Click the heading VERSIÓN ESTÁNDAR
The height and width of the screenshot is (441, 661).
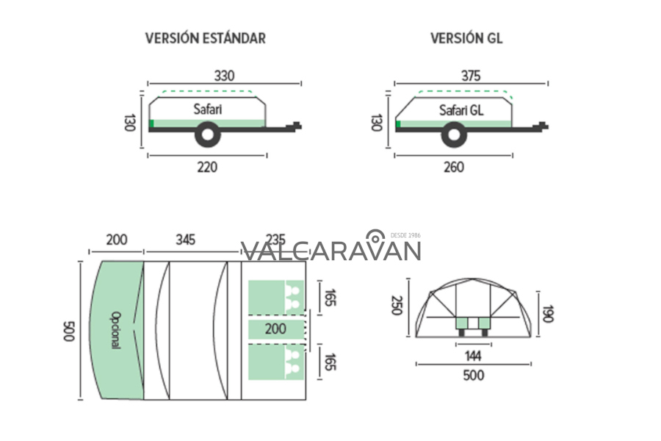pos(205,38)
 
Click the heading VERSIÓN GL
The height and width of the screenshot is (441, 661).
pos(466,38)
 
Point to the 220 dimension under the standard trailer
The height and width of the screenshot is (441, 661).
pos(207,167)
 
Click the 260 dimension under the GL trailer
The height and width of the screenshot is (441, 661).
pos(454,167)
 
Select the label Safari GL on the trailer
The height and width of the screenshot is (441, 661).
pos(460,110)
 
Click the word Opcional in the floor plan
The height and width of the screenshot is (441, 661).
pos(115,330)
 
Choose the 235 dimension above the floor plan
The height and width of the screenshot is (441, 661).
pos(275,240)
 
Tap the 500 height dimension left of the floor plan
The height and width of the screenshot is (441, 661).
pos(69,331)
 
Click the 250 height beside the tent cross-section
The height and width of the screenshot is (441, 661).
pos(397,305)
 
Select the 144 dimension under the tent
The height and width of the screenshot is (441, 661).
pos(472,356)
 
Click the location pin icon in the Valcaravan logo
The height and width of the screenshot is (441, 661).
pos(375,237)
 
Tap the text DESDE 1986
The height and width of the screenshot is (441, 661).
pos(405,236)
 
